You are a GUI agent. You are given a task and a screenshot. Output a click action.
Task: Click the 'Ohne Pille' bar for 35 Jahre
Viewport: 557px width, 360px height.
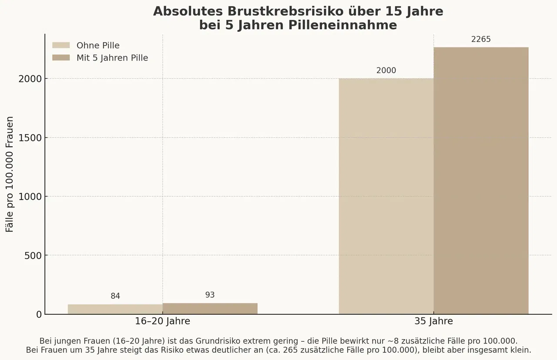pyautogui.click(x=386, y=196)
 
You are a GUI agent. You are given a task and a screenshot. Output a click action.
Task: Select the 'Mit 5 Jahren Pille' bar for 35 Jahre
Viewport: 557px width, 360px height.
pyautogui.click(x=481, y=181)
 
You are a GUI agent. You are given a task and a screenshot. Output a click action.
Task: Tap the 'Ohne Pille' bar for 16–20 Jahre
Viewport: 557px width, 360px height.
pyautogui.click(x=115, y=309)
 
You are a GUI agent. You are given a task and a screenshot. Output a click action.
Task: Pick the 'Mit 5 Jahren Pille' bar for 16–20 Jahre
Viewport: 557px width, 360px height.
pyautogui.click(x=210, y=309)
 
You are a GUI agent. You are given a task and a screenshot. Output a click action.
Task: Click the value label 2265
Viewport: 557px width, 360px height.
pyautogui.click(x=481, y=39)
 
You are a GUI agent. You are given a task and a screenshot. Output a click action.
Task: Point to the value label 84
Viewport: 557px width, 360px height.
pyautogui.click(x=115, y=296)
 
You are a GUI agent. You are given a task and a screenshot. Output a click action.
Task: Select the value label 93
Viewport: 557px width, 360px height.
pyautogui.click(x=210, y=295)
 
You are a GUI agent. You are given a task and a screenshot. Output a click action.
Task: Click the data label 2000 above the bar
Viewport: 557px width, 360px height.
pyautogui.click(x=386, y=71)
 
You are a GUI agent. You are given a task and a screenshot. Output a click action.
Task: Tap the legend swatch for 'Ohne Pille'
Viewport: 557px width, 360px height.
pyautogui.click(x=61, y=45)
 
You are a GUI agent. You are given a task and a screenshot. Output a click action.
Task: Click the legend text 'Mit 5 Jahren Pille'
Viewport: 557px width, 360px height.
pyautogui.click(x=112, y=58)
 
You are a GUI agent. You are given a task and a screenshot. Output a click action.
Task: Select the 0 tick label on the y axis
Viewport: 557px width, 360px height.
pyautogui.click(x=38, y=314)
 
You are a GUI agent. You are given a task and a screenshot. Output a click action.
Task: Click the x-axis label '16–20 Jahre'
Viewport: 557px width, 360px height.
pyautogui.click(x=162, y=322)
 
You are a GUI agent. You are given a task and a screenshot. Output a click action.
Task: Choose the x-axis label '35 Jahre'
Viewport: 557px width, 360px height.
pyautogui.click(x=433, y=322)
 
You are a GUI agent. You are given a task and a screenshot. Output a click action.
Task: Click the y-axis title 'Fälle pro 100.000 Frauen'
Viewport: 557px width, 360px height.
pyautogui.click(x=10, y=174)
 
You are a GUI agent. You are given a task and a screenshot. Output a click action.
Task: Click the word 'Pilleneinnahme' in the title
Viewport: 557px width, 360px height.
pyautogui.click(x=342, y=25)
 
